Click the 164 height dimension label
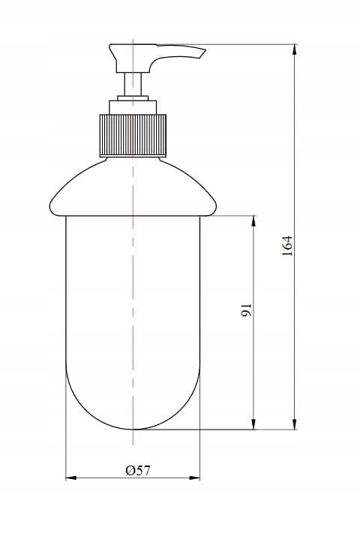287,245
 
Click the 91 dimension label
246,310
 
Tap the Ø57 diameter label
137,471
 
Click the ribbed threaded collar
133,136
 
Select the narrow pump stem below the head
133,84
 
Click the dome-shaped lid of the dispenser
133,187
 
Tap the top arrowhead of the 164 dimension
295,50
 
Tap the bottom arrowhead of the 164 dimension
295,424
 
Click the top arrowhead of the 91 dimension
253,221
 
